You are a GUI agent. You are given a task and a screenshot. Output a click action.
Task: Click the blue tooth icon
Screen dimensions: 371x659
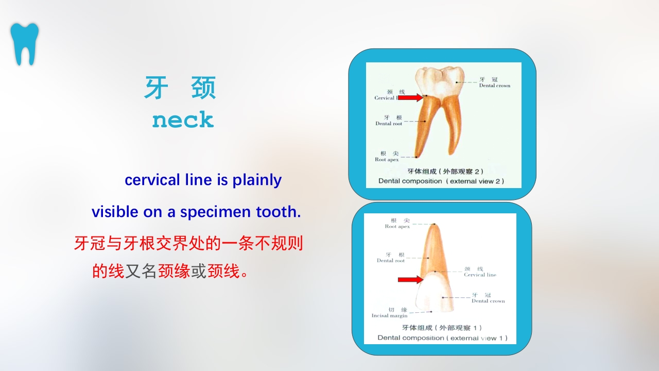tap(24, 44)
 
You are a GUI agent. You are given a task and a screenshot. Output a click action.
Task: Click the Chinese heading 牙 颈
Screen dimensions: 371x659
tap(180, 88)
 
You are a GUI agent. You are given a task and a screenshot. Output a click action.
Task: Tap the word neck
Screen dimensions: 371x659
tap(183, 120)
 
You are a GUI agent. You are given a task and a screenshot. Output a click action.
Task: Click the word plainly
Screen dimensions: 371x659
tap(257, 180)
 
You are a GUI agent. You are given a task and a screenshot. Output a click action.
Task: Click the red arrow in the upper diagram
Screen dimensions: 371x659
tap(410, 97)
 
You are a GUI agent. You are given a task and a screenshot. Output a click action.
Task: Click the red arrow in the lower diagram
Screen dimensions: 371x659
tap(410, 279)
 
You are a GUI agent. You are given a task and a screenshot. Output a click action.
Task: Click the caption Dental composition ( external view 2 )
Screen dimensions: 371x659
tap(441, 181)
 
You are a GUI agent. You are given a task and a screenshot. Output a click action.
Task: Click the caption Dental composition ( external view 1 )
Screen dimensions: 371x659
tap(442, 338)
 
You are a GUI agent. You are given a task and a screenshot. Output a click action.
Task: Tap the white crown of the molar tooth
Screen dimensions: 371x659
tap(440, 80)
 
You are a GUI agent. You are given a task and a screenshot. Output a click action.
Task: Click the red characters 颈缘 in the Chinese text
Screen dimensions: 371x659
tap(174, 271)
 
